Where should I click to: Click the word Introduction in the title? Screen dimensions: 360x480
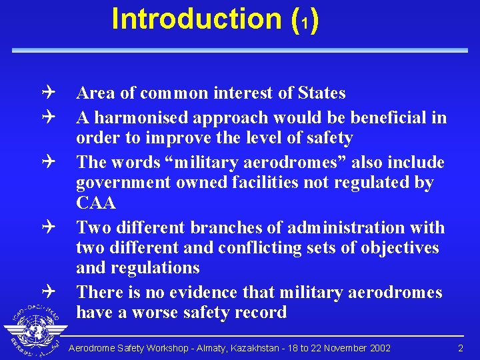(x=197, y=19)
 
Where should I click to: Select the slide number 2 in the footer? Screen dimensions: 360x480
(x=460, y=349)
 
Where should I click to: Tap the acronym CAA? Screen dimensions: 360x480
(x=96, y=203)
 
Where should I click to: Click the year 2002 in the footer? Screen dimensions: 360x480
(x=379, y=349)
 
